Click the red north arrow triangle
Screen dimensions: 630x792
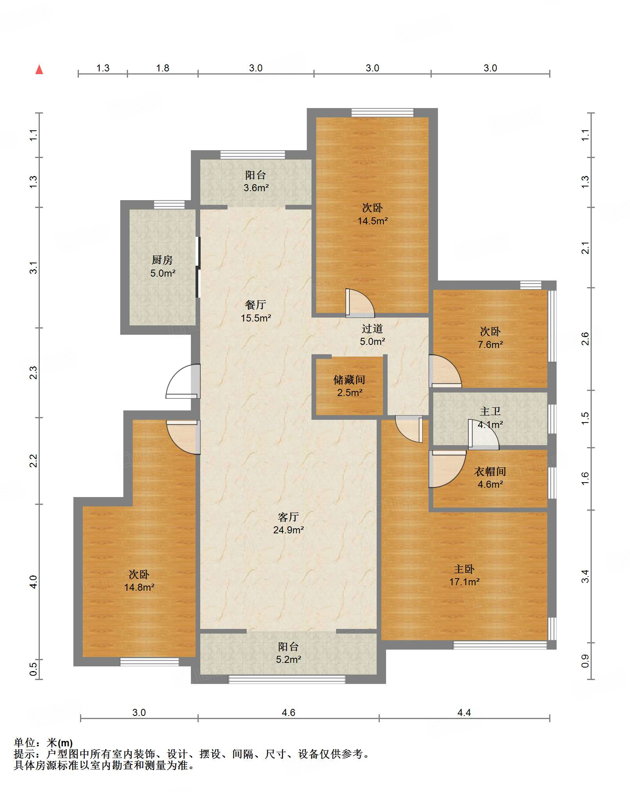point(39,69)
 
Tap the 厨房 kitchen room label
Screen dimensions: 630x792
point(162,259)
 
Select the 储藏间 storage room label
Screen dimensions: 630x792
point(349,380)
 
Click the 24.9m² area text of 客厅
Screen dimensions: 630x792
point(288,530)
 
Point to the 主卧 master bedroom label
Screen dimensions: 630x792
point(464,569)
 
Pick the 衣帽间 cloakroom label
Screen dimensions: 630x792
point(490,471)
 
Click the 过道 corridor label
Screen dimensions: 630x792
point(372,329)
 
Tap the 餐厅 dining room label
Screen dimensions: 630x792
point(256,305)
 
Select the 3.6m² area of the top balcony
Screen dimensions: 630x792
point(256,188)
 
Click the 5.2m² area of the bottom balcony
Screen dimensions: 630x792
point(288,659)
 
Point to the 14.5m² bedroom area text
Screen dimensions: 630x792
point(373,221)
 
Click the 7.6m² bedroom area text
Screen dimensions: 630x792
point(490,345)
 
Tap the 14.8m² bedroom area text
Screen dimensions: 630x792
point(139,587)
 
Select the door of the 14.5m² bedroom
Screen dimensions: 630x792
point(360,303)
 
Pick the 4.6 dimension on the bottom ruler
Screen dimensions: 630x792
point(288,712)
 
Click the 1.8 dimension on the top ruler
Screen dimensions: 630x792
point(162,68)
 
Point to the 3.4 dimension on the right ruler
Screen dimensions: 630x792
point(585,576)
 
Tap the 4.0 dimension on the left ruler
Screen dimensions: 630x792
point(34,582)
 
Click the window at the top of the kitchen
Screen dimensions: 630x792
point(169,204)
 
